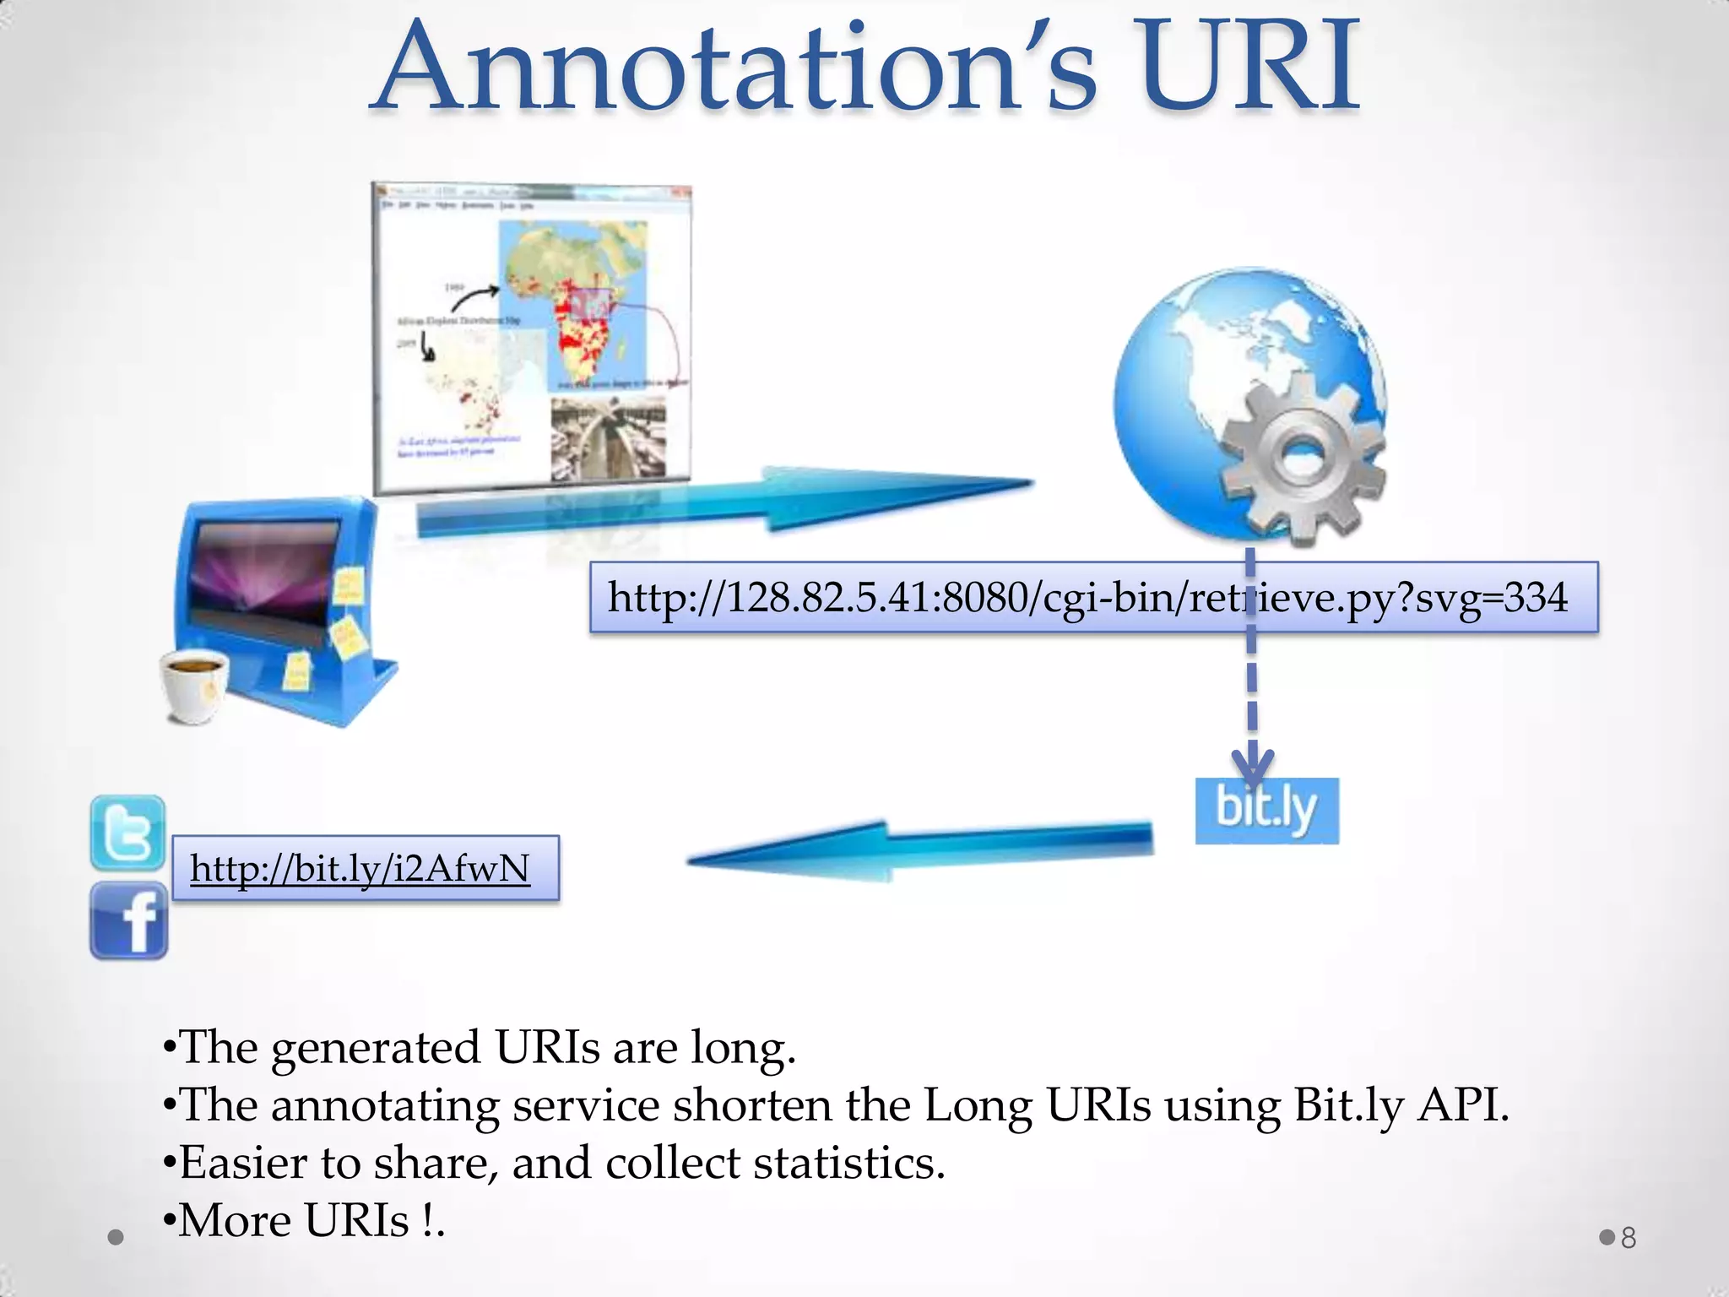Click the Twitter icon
[127, 833]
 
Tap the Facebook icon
[128, 920]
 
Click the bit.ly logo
[1266, 811]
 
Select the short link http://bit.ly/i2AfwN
[360, 868]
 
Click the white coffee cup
[194, 684]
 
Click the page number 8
[1629, 1238]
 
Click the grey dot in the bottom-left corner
[117, 1238]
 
